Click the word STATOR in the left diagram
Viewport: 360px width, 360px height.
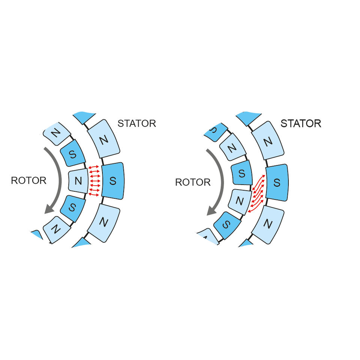tap(136, 123)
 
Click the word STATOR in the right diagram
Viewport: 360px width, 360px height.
tap(301, 123)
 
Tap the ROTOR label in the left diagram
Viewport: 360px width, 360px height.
tap(28, 180)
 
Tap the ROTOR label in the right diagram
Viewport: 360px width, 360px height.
tap(193, 182)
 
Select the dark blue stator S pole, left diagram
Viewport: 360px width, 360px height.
tap(112, 181)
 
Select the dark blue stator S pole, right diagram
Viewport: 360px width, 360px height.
tap(277, 183)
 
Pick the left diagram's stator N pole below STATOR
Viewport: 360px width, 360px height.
tap(103, 139)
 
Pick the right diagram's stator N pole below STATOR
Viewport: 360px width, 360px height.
tap(267, 141)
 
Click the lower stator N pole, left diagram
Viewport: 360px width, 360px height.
tap(104, 222)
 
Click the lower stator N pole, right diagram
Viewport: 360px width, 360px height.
tap(268, 224)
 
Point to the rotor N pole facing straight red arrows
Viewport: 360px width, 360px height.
tap(78, 181)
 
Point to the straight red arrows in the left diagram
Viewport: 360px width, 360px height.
tap(94, 180)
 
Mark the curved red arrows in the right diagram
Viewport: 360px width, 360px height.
tap(257, 193)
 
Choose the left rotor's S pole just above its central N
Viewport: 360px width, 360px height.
tap(73, 153)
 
